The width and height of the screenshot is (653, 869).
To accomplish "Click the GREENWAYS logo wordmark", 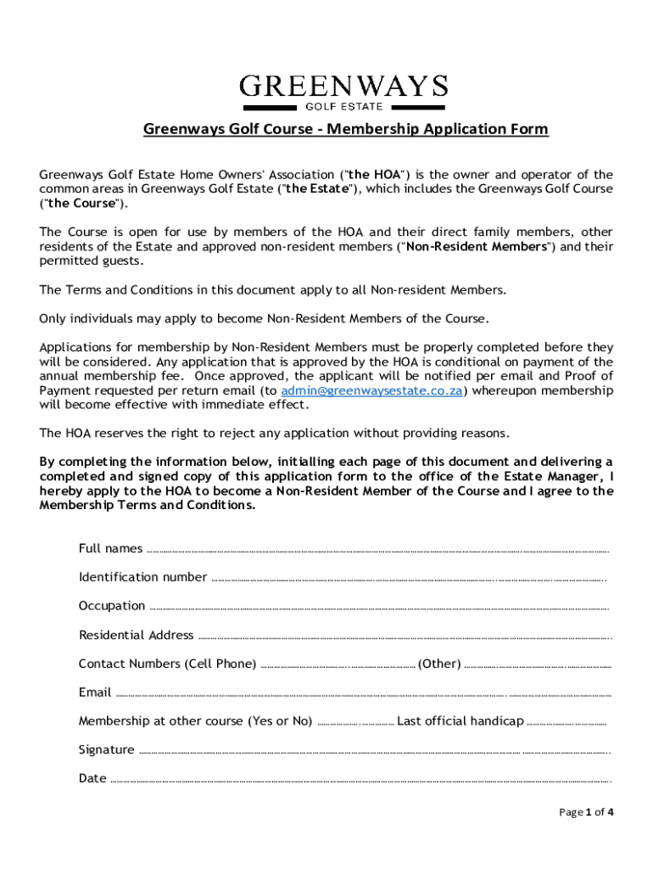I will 343,86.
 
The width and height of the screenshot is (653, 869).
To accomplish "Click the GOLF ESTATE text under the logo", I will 343,107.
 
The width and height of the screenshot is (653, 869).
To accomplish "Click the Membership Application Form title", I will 345,129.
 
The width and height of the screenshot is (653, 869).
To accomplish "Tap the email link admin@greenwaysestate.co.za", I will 371,390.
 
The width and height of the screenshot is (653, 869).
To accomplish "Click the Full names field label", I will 110,548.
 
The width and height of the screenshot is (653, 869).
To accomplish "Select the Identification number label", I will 142,577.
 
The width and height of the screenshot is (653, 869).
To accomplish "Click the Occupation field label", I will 112,606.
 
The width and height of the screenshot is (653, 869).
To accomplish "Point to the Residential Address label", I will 136,635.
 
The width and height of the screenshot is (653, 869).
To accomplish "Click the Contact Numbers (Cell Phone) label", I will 167,664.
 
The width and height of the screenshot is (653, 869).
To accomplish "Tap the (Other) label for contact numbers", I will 439,664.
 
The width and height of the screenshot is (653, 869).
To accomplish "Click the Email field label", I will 95,692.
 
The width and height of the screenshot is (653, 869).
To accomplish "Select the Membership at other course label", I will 195,721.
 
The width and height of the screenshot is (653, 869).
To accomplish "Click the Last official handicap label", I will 460,721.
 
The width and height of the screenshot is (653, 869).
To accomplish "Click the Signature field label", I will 106,750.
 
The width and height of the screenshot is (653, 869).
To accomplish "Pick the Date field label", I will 92,779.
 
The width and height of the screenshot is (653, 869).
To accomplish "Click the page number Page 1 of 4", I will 586,812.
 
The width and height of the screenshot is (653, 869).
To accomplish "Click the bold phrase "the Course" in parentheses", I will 81,204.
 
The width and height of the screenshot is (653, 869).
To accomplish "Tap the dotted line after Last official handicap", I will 566,723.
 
